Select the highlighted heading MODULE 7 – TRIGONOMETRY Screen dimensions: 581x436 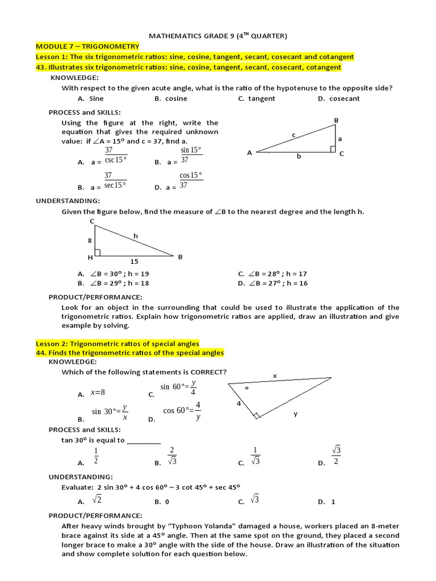click(87, 46)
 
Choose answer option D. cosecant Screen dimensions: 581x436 click(339, 98)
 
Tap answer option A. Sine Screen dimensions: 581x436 click(91, 98)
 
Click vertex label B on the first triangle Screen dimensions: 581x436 click(336, 120)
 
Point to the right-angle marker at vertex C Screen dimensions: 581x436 click(333, 149)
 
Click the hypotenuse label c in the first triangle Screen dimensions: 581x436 click(294, 134)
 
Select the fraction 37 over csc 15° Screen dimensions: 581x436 click(116, 155)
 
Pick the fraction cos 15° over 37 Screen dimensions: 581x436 click(191, 180)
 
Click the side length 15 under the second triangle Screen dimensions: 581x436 click(134, 262)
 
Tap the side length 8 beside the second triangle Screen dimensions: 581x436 click(89, 241)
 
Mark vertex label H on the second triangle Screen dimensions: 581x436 click(90, 257)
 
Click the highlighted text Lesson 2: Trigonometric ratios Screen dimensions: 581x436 click(118, 343)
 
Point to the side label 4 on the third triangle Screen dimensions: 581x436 click(239, 403)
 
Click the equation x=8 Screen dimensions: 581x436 click(98, 393)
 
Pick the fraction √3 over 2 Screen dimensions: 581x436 click(336, 456)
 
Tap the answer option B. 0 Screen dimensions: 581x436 click(162, 502)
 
